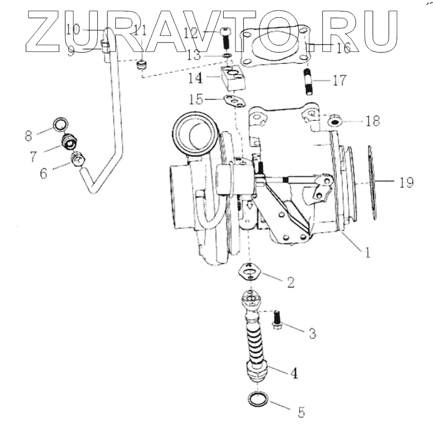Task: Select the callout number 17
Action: (339, 81)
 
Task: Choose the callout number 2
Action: (290, 282)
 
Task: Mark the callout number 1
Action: (367, 253)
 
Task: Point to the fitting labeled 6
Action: (77, 162)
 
